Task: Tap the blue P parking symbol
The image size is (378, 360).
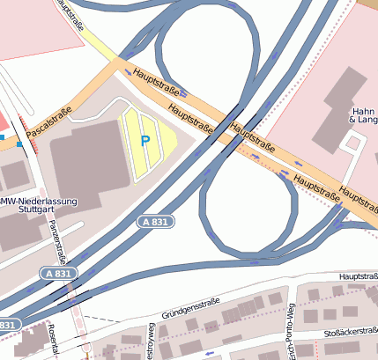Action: pos(145,139)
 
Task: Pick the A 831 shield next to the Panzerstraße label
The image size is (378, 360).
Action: pos(56,275)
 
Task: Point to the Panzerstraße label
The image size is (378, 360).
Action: pos(58,240)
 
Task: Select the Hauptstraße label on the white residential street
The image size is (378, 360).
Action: pos(357,276)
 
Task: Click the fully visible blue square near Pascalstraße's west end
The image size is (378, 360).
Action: pos(19,143)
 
